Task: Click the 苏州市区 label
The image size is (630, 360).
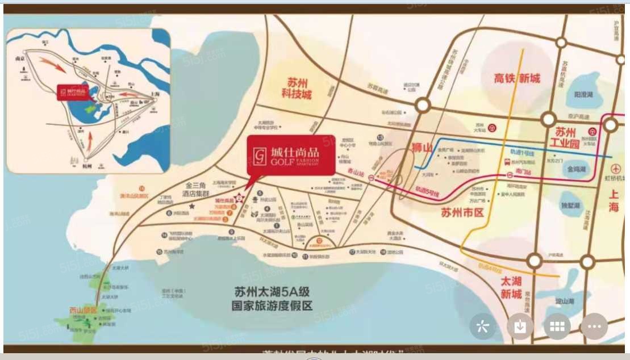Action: click(x=462, y=213)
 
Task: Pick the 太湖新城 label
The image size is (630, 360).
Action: click(x=510, y=287)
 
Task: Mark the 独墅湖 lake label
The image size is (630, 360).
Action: click(x=570, y=205)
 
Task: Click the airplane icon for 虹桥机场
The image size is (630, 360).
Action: click(x=617, y=169)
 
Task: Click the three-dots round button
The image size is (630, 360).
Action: click(x=594, y=326)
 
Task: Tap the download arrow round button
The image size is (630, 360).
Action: click(x=520, y=326)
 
